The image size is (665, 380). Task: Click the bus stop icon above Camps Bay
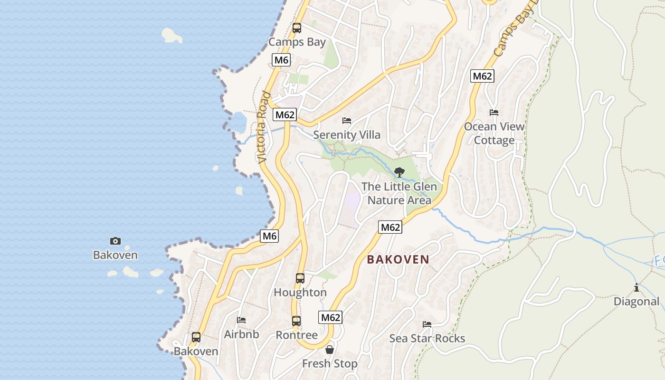[x=297, y=28]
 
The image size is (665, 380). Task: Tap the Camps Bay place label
[x=297, y=42]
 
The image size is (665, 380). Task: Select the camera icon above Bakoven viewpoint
[x=115, y=241]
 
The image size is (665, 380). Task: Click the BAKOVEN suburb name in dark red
[x=398, y=259]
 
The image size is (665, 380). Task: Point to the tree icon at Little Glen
[x=399, y=172]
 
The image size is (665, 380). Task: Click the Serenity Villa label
[x=347, y=135]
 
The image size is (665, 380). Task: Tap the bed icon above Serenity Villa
[x=347, y=121]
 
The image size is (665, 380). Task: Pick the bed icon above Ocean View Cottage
[x=494, y=113]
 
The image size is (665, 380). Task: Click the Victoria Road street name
[x=263, y=127]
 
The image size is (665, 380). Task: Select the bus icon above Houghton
[x=300, y=278]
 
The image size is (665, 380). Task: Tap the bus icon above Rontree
[x=296, y=321]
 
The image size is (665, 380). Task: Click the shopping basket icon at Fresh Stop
[x=330, y=350]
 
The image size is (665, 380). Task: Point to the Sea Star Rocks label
[x=427, y=338]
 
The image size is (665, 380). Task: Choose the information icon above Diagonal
[x=636, y=287]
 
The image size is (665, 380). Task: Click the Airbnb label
[x=242, y=334]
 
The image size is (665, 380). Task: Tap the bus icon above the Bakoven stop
[x=196, y=337]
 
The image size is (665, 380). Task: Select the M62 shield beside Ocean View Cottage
[x=482, y=76]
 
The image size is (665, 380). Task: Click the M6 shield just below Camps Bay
[x=281, y=60]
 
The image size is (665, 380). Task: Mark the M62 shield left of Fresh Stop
[x=331, y=317]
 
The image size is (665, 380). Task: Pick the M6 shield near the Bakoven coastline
[x=269, y=236]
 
